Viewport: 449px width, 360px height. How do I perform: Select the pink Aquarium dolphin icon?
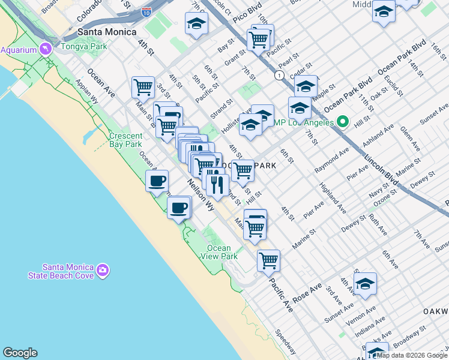coord(46,49)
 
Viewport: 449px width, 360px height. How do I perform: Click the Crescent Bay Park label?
coord(126,140)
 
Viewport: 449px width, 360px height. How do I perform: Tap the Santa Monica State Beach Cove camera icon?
coord(103,271)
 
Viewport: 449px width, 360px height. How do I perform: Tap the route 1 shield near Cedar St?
coord(279,75)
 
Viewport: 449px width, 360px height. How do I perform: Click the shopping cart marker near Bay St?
coord(259,39)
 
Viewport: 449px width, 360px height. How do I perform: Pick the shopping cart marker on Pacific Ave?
coord(268,260)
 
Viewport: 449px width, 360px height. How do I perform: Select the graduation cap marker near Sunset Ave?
coord(364,283)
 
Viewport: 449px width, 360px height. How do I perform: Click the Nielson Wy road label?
coord(200,194)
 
